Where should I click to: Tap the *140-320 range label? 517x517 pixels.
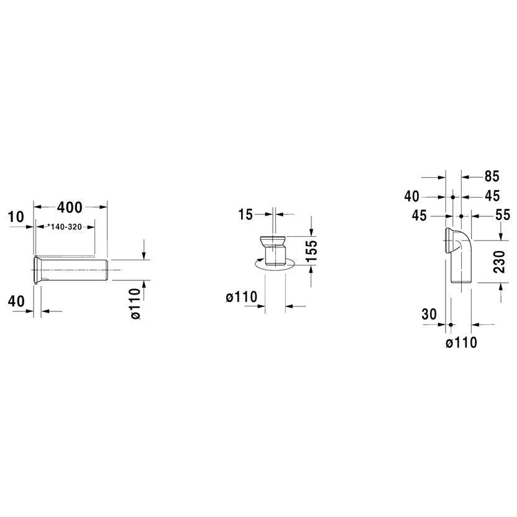click(x=66, y=227)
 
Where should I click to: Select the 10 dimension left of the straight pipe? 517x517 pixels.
click(x=17, y=217)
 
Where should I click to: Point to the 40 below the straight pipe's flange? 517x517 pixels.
click(x=17, y=301)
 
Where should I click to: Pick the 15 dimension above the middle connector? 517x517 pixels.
click(x=245, y=215)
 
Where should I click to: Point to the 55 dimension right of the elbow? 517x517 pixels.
click(x=503, y=215)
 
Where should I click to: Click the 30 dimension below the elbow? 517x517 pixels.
click(x=429, y=314)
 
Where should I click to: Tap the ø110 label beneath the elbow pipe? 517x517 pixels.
click(x=461, y=342)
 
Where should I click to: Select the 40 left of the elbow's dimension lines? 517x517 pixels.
click(x=412, y=196)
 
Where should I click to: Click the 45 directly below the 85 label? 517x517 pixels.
click(x=492, y=196)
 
